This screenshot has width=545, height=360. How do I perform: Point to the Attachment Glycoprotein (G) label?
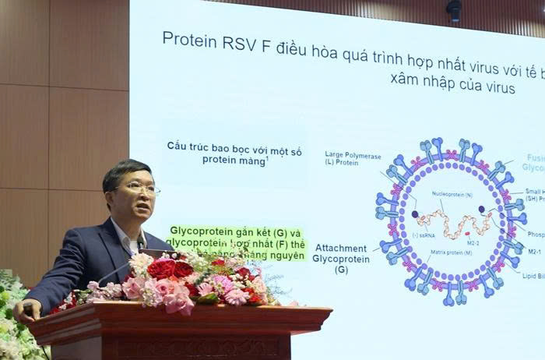tap(339, 258)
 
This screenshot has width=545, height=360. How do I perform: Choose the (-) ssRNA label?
tap(424, 235)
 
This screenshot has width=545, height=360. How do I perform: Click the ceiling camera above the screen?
tap(453, 10)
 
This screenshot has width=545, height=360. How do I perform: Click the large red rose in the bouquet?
tap(162, 269)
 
